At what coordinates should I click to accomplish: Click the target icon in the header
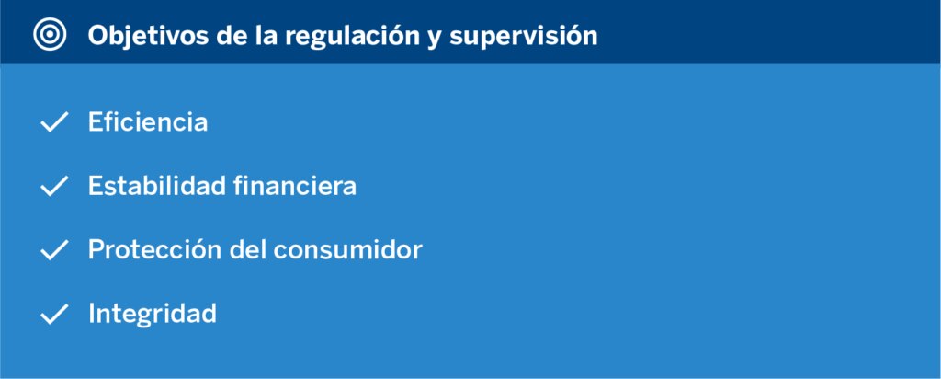click(50, 35)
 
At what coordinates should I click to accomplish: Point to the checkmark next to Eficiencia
click(54, 122)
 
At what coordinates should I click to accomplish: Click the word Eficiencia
click(148, 122)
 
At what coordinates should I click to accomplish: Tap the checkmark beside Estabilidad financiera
click(54, 186)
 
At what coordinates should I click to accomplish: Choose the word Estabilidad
click(156, 186)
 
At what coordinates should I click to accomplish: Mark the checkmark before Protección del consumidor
click(54, 250)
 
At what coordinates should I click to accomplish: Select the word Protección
click(155, 249)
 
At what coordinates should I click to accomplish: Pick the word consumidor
click(348, 249)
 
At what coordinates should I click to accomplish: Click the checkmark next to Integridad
click(54, 314)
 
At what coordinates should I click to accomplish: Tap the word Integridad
click(153, 314)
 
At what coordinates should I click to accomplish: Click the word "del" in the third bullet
click(248, 249)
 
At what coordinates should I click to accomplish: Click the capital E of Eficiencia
click(95, 122)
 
